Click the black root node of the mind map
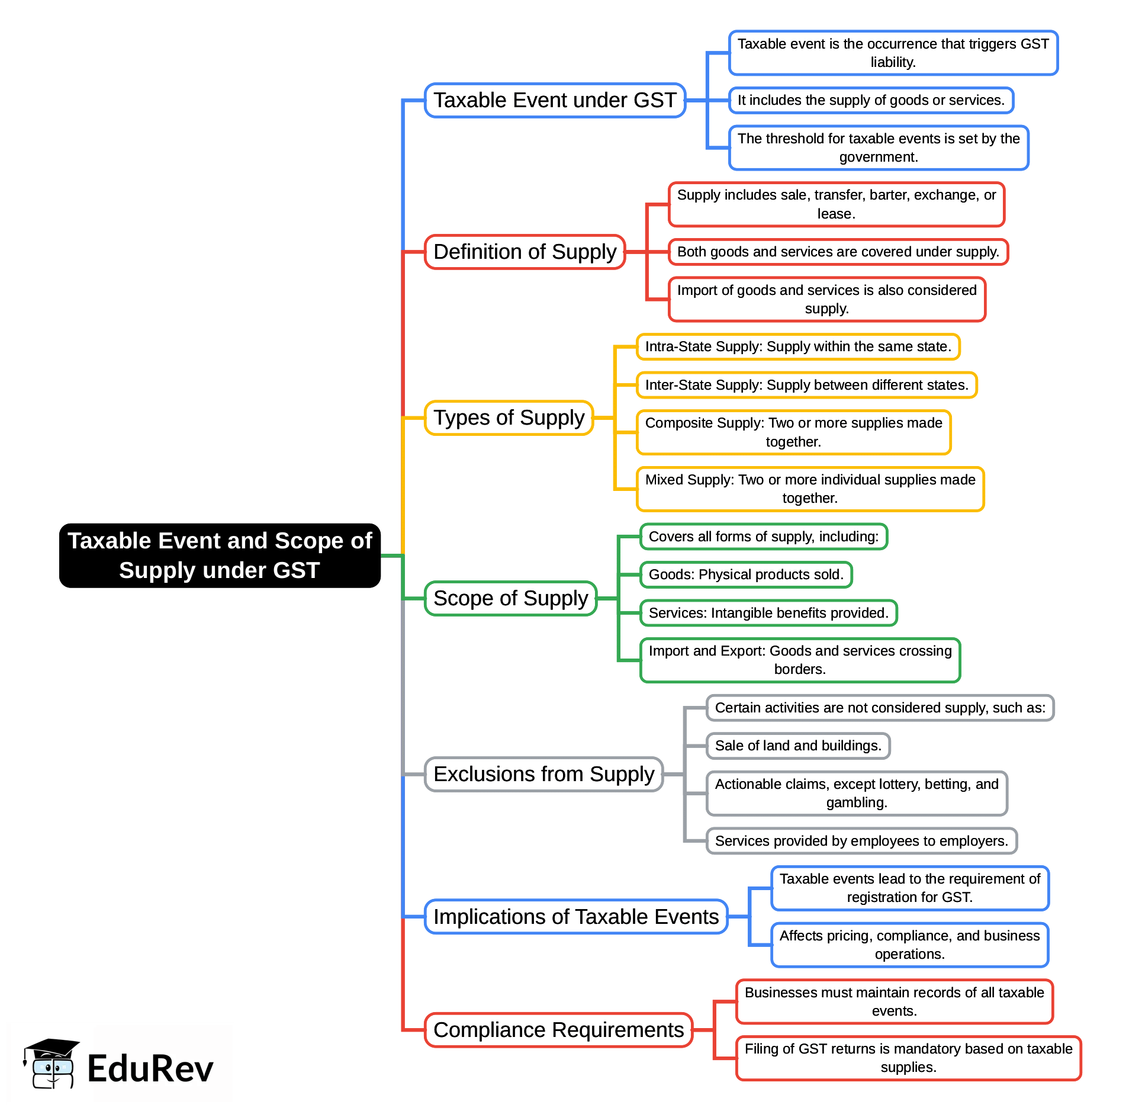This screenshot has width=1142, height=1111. (x=220, y=555)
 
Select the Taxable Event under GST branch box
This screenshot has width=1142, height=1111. (x=555, y=100)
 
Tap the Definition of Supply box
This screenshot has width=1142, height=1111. (x=525, y=252)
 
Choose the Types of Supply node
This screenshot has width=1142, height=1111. (x=509, y=418)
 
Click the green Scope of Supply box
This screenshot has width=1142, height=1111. (x=510, y=598)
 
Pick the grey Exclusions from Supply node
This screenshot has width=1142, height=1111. (x=543, y=774)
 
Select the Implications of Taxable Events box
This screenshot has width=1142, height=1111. (x=575, y=917)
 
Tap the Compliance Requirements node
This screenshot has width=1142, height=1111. (x=558, y=1030)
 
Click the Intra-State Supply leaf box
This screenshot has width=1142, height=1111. (x=797, y=346)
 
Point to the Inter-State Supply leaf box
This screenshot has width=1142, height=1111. (x=806, y=385)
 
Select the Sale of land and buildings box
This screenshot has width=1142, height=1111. (x=797, y=746)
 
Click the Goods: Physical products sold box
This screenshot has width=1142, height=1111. (x=746, y=574)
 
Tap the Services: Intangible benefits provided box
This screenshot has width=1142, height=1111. (x=768, y=613)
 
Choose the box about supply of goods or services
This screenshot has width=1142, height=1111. (x=871, y=100)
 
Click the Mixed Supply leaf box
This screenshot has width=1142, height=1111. (x=810, y=489)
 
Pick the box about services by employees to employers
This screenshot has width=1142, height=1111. (x=861, y=841)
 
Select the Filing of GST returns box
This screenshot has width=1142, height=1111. (x=908, y=1058)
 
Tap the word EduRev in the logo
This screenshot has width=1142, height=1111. (x=150, y=1069)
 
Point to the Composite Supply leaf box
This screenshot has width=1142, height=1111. (x=793, y=432)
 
